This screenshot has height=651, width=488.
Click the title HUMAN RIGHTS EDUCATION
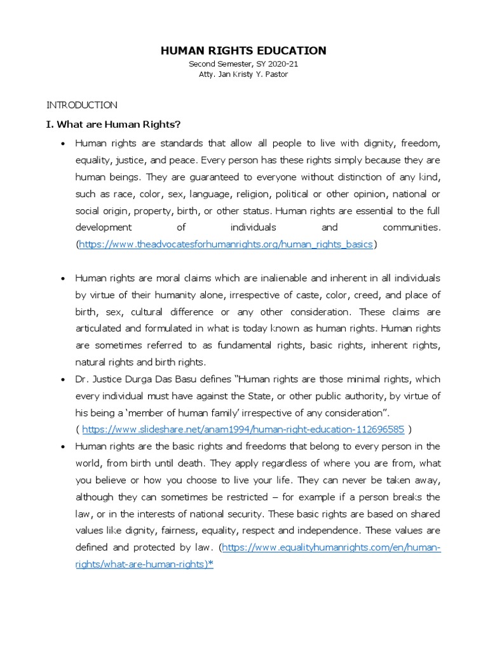244,51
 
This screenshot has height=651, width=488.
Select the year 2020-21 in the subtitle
283,65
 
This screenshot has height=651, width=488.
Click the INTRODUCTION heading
82,105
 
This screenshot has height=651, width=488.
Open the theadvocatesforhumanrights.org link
226,244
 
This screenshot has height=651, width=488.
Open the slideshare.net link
243,411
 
